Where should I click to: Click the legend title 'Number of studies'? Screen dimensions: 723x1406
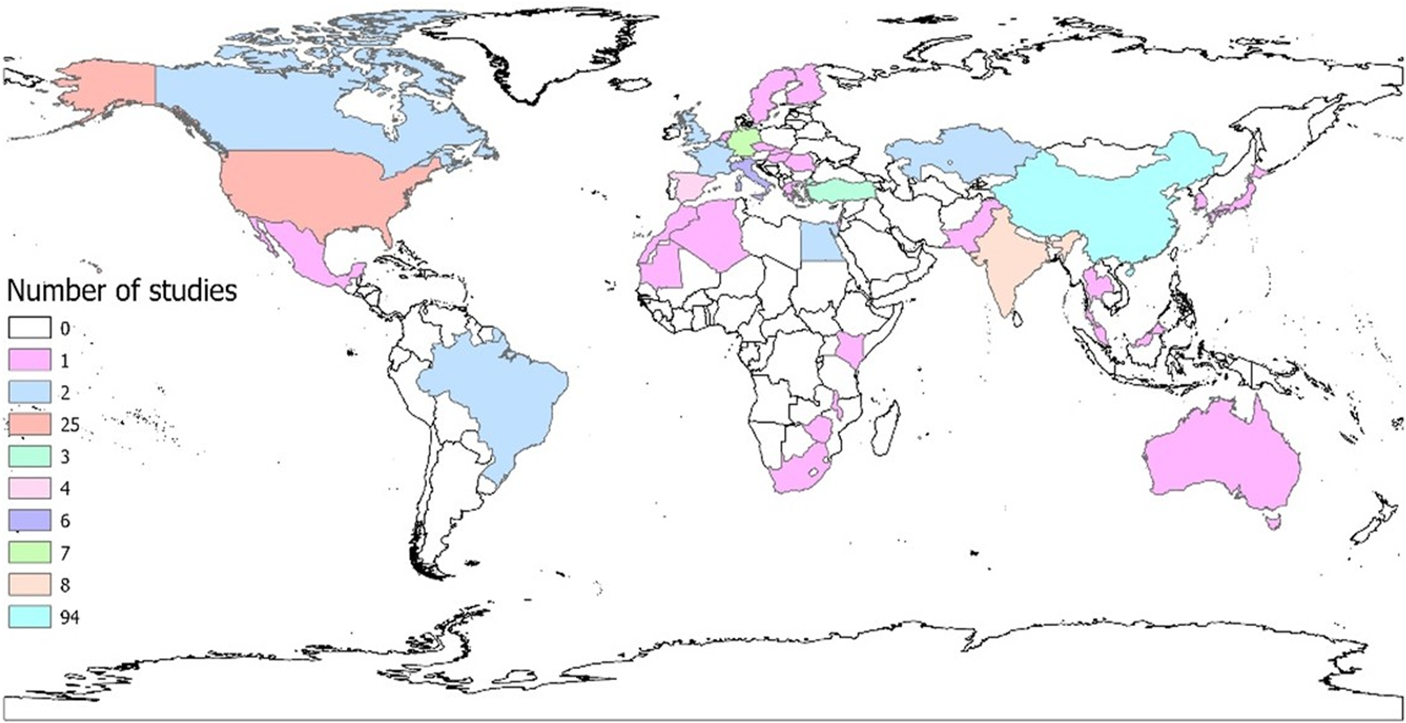[121, 290]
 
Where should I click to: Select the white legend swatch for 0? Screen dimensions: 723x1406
[29, 327]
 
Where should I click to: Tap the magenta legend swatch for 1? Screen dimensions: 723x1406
[29, 360]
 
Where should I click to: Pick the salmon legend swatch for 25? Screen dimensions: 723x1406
[29, 424]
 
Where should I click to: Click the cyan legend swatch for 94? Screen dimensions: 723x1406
[29, 617]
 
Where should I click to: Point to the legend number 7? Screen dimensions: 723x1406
[65, 552]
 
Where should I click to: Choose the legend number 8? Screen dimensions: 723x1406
[65, 585]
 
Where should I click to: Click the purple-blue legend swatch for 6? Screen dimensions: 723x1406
[29, 520]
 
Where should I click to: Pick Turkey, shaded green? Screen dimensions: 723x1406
[841, 190]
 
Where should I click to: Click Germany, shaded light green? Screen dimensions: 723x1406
[744, 143]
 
